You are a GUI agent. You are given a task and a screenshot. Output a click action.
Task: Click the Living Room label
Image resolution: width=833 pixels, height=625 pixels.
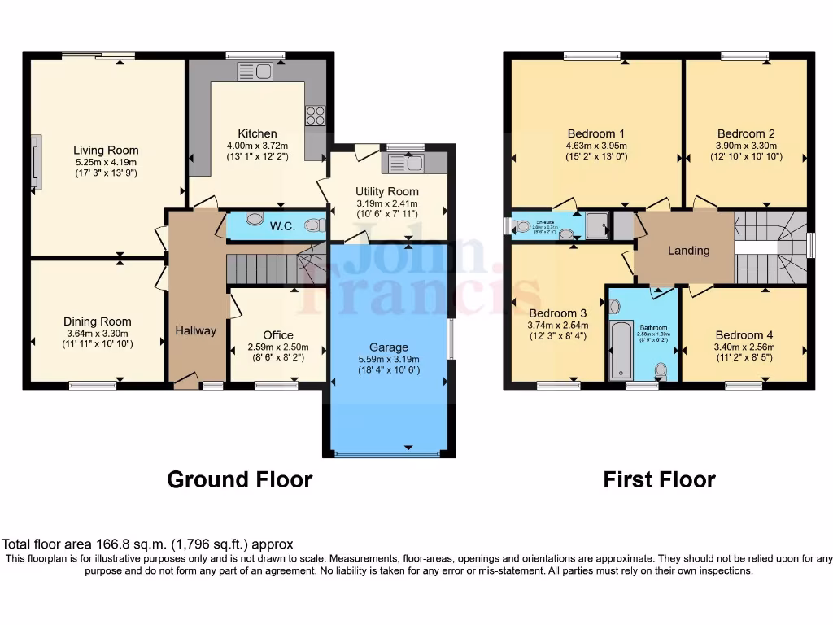click(x=106, y=150)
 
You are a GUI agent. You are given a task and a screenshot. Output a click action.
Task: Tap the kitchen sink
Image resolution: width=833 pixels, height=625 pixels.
click(x=255, y=72)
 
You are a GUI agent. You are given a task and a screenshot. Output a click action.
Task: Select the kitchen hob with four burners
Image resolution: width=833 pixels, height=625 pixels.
click(x=315, y=116)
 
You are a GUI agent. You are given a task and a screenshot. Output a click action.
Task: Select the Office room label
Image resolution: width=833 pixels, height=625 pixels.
click(x=277, y=334)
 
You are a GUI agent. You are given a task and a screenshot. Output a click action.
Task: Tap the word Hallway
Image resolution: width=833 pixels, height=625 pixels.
click(x=196, y=330)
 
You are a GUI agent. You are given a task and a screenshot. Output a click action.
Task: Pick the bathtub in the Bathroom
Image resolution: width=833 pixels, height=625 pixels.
click(x=620, y=349)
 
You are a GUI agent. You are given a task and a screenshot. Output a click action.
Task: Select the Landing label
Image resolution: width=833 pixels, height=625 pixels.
click(x=688, y=251)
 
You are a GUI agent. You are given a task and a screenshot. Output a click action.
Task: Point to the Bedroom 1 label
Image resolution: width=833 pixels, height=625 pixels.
click(x=596, y=133)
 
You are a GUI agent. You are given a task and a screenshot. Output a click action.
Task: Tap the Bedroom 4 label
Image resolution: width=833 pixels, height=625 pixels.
click(x=744, y=334)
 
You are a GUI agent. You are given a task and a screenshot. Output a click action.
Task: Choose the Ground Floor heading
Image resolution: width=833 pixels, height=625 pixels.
click(x=239, y=479)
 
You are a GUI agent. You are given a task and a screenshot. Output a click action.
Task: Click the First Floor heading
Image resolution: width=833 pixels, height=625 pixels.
click(x=659, y=479)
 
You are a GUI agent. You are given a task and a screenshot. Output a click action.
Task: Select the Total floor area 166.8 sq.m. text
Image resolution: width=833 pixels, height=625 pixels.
click(x=147, y=544)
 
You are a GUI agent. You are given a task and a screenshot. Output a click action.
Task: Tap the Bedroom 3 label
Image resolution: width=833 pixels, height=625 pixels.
click(x=558, y=312)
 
